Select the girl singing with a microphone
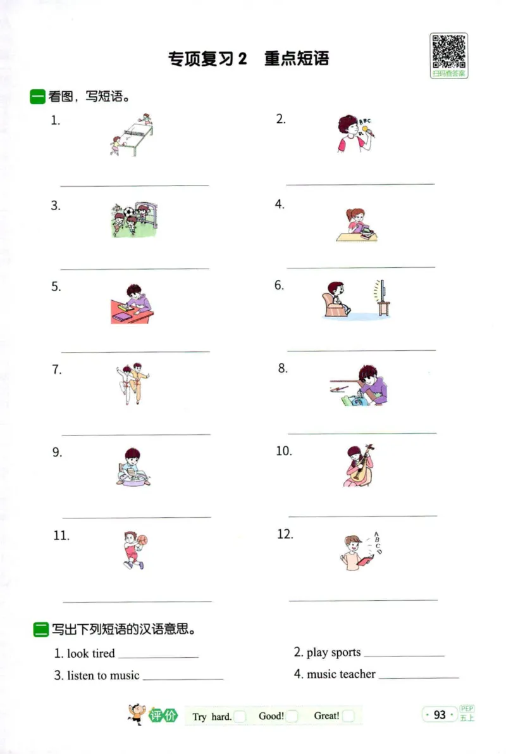[352, 134]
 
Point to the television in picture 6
[382, 298]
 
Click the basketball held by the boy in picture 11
[142, 540]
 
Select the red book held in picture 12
[365, 560]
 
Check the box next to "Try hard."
[240, 717]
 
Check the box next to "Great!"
[349, 717]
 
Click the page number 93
[440, 715]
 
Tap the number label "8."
[283, 368]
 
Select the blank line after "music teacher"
[418, 678]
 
